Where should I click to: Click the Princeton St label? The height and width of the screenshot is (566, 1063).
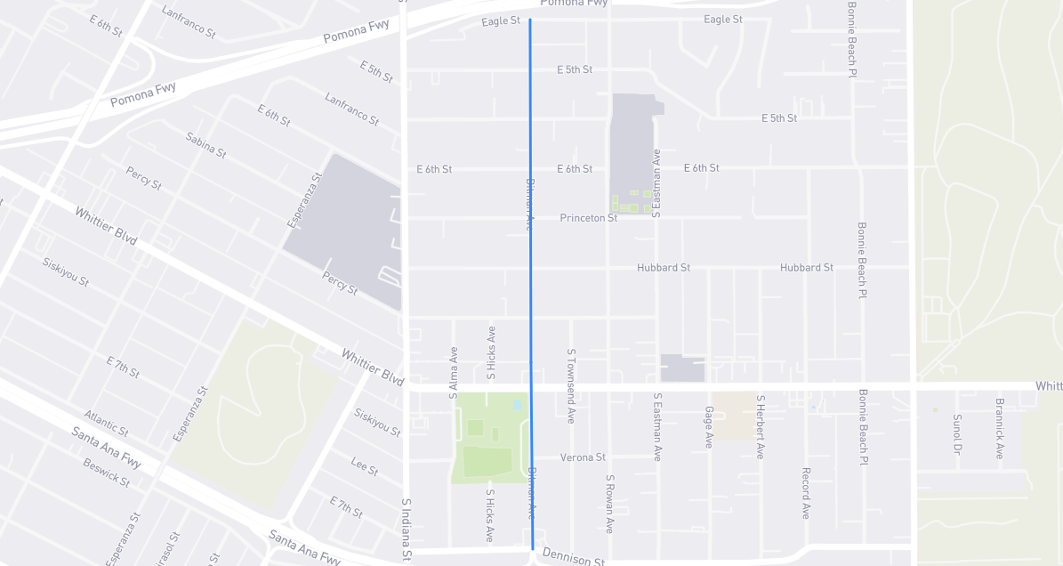click(x=588, y=218)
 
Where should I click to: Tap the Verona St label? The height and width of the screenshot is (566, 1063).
click(x=583, y=457)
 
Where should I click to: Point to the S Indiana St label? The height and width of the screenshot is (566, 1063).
click(x=406, y=530)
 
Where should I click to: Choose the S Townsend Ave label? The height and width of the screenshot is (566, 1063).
click(x=571, y=384)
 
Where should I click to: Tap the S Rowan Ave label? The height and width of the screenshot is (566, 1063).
click(x=610, y=504)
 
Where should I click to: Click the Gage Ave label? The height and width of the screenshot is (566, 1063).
click(x=709, y=427)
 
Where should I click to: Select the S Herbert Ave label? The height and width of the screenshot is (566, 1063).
click(x=761, y=427)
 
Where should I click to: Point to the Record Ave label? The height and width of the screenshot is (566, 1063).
click(x=805, y=493)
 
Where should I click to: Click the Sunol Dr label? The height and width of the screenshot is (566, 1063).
click(x=957, y=433)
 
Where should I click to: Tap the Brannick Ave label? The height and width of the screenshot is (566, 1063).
click(x=1000, y=428)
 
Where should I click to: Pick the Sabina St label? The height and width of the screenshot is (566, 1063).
click(x=206, y=145)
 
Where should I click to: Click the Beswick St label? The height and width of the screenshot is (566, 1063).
click(x=106, y=473)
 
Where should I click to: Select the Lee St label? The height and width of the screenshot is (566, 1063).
click(x=365, y=465)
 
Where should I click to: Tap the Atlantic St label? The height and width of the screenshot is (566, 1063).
click(x=106, y=423)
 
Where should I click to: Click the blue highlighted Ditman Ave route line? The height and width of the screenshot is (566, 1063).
click(x=530, y=285)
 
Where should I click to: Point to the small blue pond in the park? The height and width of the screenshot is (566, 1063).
click(x=517, y=405)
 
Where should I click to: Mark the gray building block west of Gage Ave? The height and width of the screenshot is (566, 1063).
click(x=682, y=368)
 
